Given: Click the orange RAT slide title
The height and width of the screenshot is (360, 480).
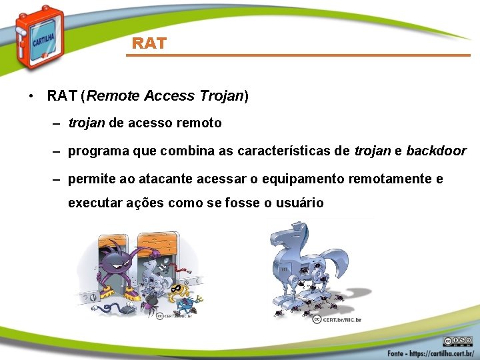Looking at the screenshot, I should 149,43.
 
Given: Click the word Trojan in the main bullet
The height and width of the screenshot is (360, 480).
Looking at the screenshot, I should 221,96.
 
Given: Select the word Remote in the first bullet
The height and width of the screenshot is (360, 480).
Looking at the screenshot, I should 109,96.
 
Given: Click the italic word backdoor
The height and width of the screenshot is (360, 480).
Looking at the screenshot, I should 436,151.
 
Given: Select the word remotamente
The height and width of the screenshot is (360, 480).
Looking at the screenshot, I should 395,179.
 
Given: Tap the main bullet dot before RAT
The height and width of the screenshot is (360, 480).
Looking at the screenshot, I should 32,97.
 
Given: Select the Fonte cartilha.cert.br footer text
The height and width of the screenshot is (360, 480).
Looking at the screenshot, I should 429,351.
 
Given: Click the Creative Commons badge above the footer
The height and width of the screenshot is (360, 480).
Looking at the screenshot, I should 457,340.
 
